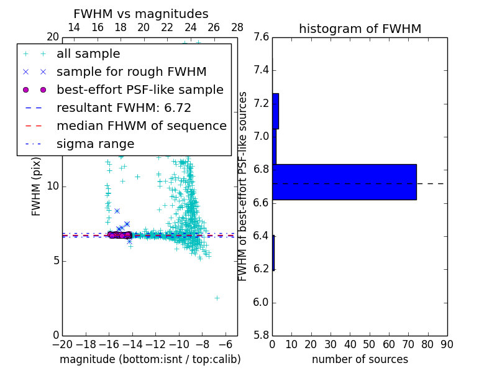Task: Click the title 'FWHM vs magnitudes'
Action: point(141,14)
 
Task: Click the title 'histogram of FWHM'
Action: point(360,29)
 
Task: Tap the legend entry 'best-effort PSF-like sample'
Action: point(140,90)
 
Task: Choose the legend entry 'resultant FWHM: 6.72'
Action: point(124,108)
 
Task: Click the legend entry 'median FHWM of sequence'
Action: point(141,126)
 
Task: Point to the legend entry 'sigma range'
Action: point(95,144)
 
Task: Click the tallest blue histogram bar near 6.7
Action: point(344,182)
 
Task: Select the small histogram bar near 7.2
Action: point(275,111)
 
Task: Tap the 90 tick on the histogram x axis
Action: point(447,344)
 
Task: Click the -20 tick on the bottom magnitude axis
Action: point(62,344)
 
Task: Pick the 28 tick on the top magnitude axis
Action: point(237,27)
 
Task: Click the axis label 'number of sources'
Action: point(360,359)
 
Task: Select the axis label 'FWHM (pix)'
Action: point(37,186)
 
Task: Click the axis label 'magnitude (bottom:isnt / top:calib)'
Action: point(150,359)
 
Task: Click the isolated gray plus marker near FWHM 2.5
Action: point(217,298)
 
